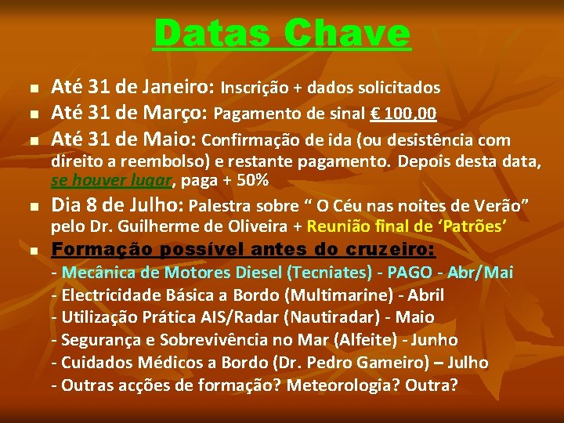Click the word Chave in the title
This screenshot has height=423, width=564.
[347, 34]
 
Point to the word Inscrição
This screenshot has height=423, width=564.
[256, 88]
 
